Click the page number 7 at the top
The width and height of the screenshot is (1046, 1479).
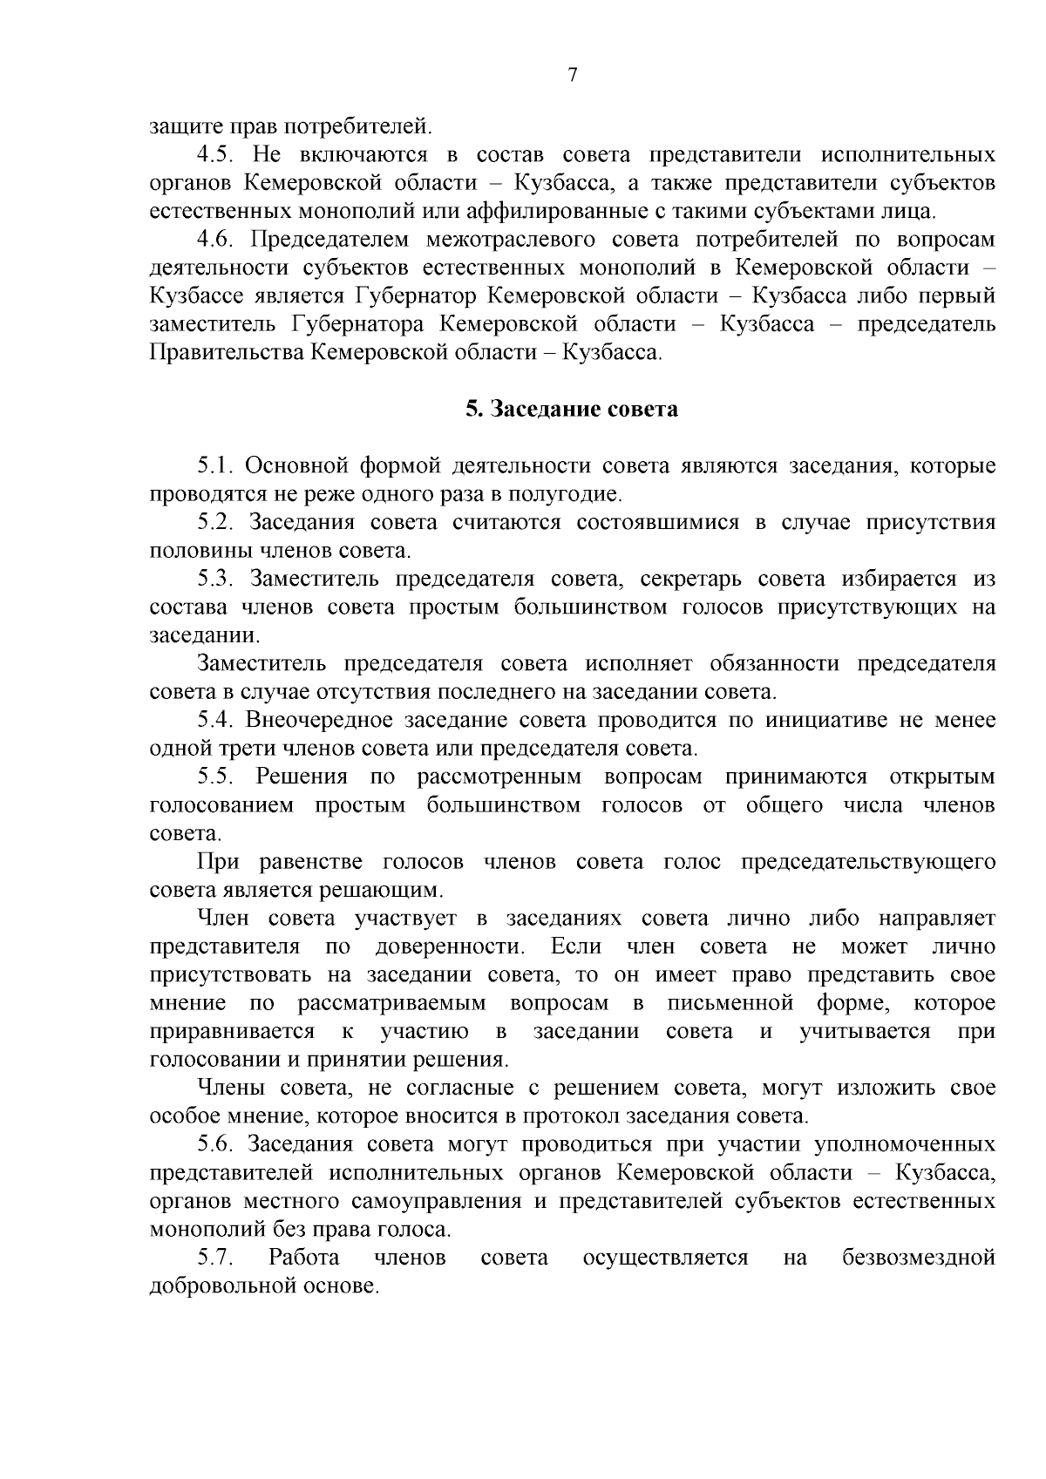click(572, 75)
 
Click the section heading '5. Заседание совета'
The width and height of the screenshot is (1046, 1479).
click(571, 409)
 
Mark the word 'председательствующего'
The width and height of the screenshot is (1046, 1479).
click(868, 862)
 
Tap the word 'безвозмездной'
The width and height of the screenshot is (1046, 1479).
click(919, 1258)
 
